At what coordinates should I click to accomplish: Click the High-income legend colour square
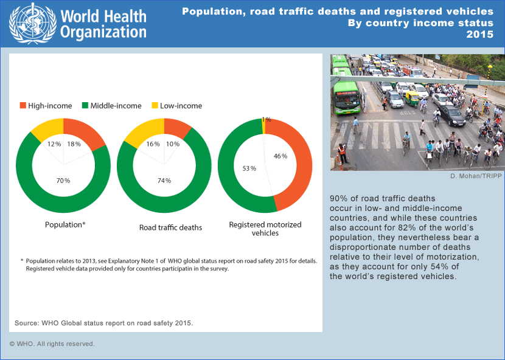point(24,106)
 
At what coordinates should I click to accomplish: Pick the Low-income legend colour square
point(155,106)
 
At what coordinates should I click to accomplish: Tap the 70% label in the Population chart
point(63,181)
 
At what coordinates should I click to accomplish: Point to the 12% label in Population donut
point(54,144)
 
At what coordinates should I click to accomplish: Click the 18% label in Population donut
point(73,144)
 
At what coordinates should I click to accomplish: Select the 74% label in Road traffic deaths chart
point(164,181)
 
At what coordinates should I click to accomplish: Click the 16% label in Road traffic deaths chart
point(154,144)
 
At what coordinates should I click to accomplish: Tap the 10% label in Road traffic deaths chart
point(173,144)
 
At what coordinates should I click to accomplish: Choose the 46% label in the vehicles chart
point(280,156)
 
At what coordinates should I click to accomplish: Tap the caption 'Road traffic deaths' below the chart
point(170,228)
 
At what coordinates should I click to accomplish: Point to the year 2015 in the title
point(480,34)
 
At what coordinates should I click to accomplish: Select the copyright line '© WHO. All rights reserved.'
point(52,344)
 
